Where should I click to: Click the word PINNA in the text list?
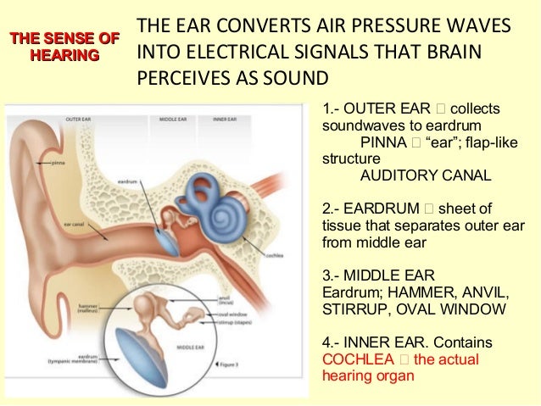pos(382,142)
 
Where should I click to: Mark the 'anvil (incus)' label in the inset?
pos(225,298)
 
